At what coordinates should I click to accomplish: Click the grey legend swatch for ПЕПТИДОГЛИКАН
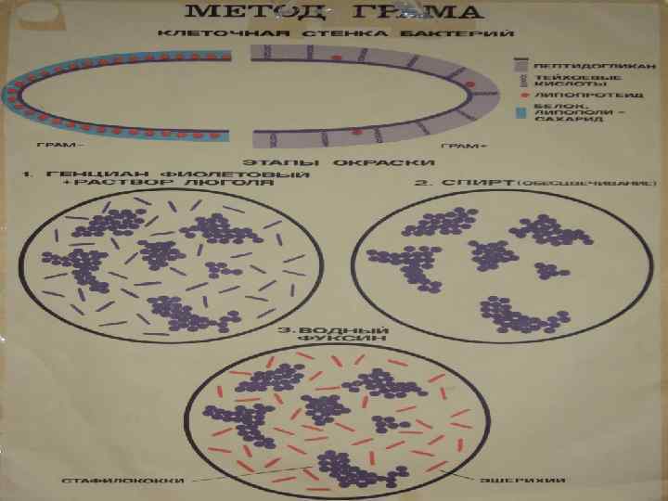coord(523,66)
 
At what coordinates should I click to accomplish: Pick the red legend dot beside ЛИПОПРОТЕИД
coord(523,95)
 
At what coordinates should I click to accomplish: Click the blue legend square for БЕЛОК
coord(523,113)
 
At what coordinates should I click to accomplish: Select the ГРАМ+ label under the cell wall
coord(454,147)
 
